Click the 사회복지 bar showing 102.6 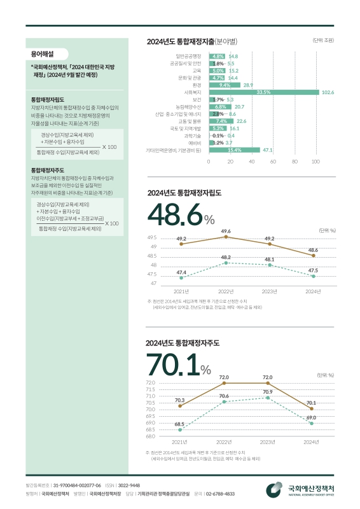(x=264, y=92)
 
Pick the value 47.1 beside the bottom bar (x=267, y=150)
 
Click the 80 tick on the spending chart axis (x=294, y=162)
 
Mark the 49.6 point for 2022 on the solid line (x=226, y=237)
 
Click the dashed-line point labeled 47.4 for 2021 (x=182, y=277)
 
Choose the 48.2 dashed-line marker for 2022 (x=226, y=262)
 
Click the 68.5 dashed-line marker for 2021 (x=181, y=429)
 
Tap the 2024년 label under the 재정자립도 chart (x=313, y=291)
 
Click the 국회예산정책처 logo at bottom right (x=302, y=490)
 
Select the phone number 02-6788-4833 (x=220, y=494)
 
